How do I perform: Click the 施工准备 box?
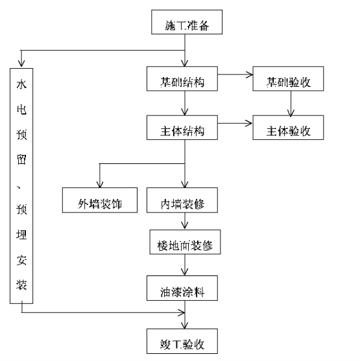[x=187, y=22]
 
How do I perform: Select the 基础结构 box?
[x=182, y=78]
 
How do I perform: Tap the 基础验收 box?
[x=288, y=78]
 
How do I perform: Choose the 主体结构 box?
[x=182, y=128]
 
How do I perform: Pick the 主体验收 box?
[x=288, y=128]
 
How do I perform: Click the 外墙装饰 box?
[x=100, y=200]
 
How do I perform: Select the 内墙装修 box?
[x=182, y=200]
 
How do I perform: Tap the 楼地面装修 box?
[x=185, y=242]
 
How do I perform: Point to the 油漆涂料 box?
[x=182, y=288]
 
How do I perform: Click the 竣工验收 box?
[x=182, y=341]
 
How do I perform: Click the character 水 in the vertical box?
[x=21, y=84]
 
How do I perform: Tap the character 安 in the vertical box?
[x=21, y=260]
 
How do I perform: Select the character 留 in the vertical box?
[x=21, y=159]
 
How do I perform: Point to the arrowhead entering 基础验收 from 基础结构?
[x=250, y=75]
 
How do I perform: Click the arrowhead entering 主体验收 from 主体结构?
[x=248, y=123]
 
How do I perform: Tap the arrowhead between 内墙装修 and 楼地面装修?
[x=185, y=226]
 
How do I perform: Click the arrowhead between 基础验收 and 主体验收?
[x=291, y=113]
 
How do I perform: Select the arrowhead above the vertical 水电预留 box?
[x=21, y=64]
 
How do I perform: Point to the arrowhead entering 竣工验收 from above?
[x=185, y=325]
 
